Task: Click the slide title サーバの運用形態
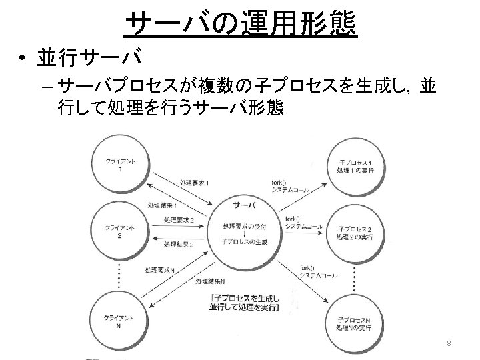pos(241,25)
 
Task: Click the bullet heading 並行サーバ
pos(88,59)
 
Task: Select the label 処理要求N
pos(161,270)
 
